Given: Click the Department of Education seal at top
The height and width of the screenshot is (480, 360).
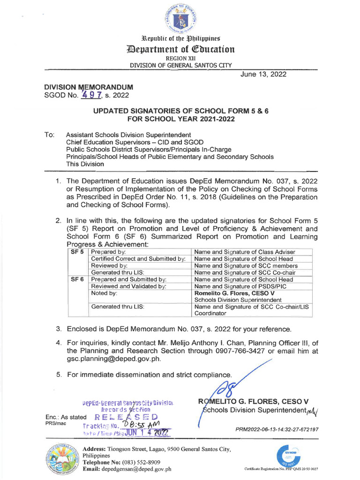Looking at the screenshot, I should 180,18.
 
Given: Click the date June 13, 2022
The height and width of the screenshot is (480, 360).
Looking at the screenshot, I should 263,75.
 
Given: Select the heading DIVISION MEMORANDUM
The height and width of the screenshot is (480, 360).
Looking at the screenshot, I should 89,87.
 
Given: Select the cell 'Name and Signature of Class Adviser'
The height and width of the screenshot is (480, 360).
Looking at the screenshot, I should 245,252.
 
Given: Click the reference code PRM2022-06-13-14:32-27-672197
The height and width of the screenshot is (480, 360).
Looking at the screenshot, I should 277,429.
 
